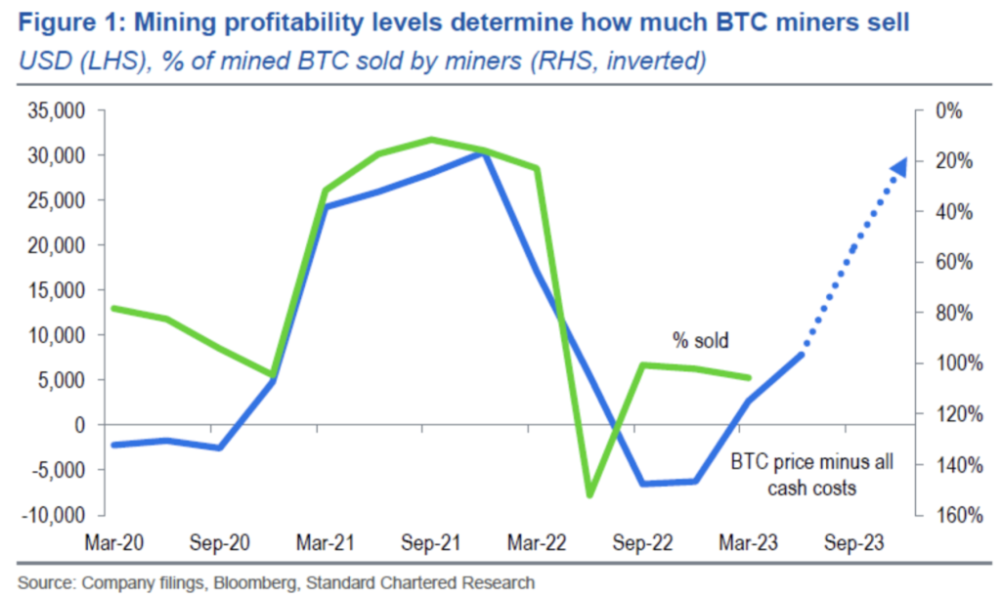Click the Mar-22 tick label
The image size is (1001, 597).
539,542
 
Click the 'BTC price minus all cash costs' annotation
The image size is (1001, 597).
811,474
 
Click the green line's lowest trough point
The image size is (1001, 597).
589,495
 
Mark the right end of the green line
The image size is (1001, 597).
749,378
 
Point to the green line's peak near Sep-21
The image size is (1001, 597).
431,139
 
